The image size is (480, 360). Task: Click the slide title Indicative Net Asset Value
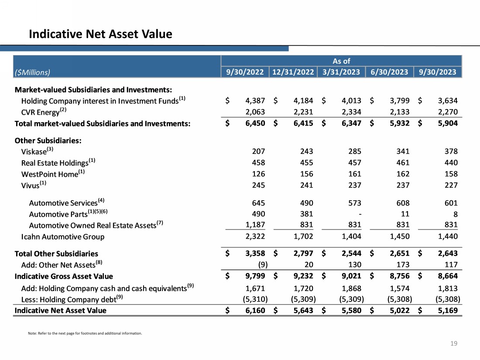[100, 34]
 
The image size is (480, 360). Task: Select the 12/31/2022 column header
[292, 72]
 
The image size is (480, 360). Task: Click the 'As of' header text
[341, 61]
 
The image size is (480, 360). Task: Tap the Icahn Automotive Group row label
[63, 237]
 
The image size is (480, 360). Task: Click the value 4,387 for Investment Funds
[255, 101]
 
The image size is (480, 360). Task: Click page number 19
[454, 344]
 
